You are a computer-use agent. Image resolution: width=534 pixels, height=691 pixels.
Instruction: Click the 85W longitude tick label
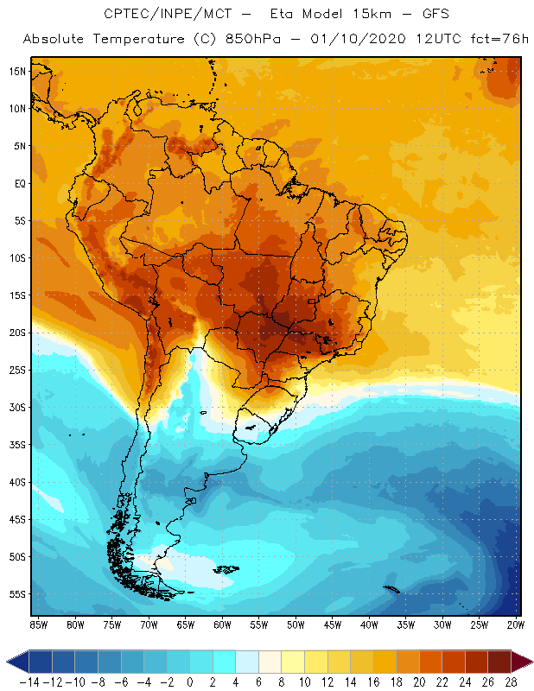click(x=38, y=624)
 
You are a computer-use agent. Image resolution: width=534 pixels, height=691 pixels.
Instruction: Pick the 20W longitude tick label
click(x=516, y=624)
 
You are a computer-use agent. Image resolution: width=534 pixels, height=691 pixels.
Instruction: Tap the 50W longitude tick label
click(x=296, y=624)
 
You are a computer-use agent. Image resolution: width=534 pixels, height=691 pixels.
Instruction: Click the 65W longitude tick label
click(x=185, y=624)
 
